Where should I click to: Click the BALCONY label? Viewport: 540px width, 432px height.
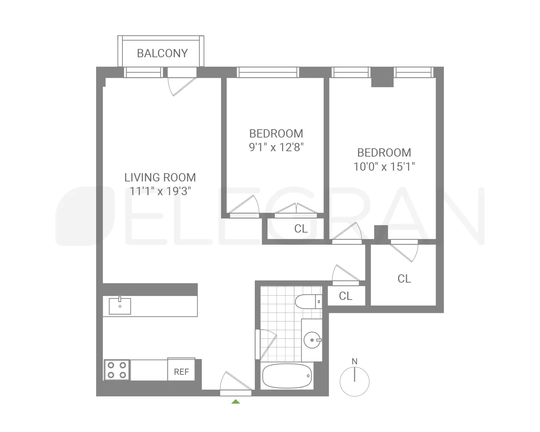pos(162,53)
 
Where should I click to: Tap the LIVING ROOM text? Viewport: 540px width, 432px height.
pos(160,177)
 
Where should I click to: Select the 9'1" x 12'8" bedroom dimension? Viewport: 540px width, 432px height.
pos(276,147)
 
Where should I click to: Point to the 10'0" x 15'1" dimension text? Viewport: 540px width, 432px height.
pos(384,167)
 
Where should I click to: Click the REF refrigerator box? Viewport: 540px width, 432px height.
pos(181,372)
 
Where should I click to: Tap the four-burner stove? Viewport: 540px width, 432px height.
pos(117,370)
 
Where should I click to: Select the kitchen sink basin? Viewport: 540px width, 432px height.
pos(120,306)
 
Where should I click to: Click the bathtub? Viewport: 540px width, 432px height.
pos(287,376)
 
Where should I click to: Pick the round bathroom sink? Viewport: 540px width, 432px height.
pos(312,339)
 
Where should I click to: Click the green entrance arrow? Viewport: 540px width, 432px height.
pos(235,401)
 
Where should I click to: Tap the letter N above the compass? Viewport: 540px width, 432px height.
pos(355,361)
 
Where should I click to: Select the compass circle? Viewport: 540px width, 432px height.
pos(355,382)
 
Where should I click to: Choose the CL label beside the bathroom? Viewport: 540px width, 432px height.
pos(346,296)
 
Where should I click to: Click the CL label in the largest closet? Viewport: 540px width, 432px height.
pos(404,279)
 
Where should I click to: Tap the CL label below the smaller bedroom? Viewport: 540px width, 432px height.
pos(301,229)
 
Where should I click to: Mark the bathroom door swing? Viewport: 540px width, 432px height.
pos(266,344)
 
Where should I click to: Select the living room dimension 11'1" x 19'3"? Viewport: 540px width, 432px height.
pos(160,191)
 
